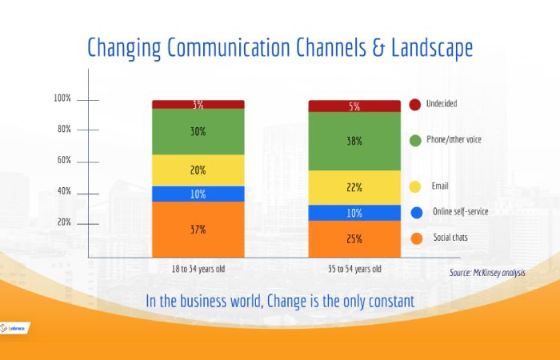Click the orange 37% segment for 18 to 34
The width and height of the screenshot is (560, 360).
pyautogui.click(x=198, y=230)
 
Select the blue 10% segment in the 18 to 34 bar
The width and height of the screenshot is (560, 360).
pyautogui.click(x=198, y=194)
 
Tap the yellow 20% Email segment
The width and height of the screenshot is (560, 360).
pyautogui.click(x=198, y=170)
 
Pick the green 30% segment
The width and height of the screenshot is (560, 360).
pyautogui.click(x=198, y=132)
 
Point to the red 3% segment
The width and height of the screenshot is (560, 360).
pyautogui.click(x=198, y=105)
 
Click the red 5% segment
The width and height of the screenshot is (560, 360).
pyautogui.click(x=354, y=106)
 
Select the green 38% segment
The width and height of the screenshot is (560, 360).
pyautogui.click(x=354, y=141)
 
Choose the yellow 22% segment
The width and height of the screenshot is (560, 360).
pyautogui.click(x=354, y=187)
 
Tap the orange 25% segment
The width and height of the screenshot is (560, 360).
pyautogui.click(x=354, y=238)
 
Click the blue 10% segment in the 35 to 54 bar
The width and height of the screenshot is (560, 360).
pyautogui.click(x=354, y=213)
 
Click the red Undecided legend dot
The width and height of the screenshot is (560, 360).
pyautogui.click(x=414, y=105)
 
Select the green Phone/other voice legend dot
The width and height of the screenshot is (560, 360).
pyautogui.click(x=414, y=141)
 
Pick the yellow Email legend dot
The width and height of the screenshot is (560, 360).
pyautogui.click(x=414, y=187)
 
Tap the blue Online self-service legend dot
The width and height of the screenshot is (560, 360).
pyautogui.click(x=414, y=212)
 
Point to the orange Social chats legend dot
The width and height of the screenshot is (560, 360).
pyautogui.click(x=414, y=238)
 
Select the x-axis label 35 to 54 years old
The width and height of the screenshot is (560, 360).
pyautogui.click(x=354, y=269)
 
